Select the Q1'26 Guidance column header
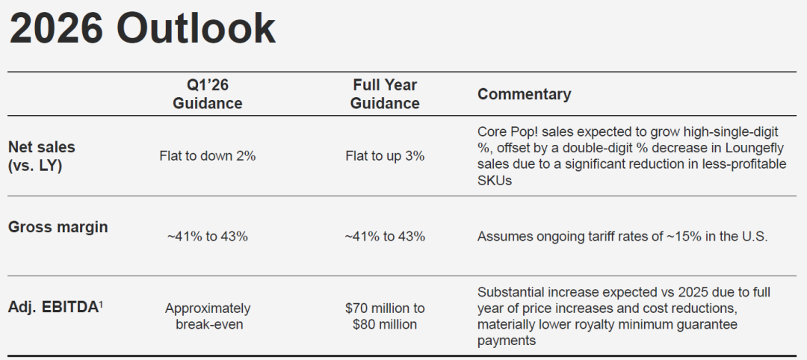[x=208, y=94]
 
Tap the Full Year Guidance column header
[x=385, y=94]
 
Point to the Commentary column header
[x=525, y=94]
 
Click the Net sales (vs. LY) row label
[x=41, y=156]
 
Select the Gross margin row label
[x=58, y=228]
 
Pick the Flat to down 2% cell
[x=208, y=156]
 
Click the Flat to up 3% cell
[x=385, y=156]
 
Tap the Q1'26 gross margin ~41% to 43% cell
[x=208, y=237]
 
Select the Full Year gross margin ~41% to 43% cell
[x=385, y=237]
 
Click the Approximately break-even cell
[x=208, y=316]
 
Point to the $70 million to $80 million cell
[x=385, y=316]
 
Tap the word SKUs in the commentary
[x=495, y=180]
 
